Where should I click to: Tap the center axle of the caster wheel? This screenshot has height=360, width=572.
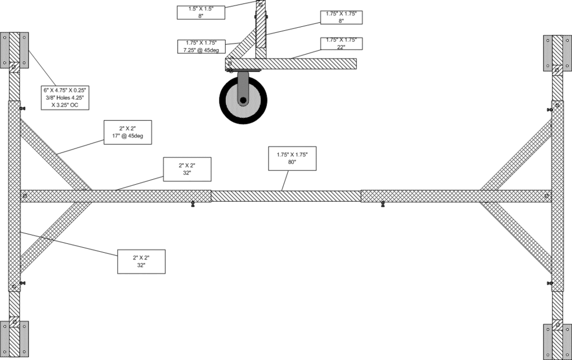click(x=243, y=100)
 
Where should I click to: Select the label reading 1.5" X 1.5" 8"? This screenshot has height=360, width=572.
click(x=201, y=12)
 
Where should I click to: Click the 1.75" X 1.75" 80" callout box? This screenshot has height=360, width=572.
click(x=292, y=159)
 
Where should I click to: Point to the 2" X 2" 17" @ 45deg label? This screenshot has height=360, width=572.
click(x=128, y=132)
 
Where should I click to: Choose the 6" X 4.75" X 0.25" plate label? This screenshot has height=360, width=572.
click(x=65, y=98)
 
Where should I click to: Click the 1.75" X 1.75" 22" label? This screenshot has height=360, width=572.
click(x=341, y=44)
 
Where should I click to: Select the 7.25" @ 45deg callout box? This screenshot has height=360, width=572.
click(x=202, y=47)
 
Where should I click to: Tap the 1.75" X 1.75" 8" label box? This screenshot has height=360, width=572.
click(x=341, y=17)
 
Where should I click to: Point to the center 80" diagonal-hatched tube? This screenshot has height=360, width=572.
click(x=286, y=196)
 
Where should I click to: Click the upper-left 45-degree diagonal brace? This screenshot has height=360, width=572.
click(x=55, y=155)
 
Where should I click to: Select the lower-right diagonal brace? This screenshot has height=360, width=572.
click(x=516, y=237)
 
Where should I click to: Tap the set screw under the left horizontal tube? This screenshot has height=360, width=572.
click(x=193, y=204)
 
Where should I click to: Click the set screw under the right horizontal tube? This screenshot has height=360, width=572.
click(x=382, y=204)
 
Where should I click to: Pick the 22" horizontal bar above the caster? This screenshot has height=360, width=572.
click(x=290, y=64)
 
